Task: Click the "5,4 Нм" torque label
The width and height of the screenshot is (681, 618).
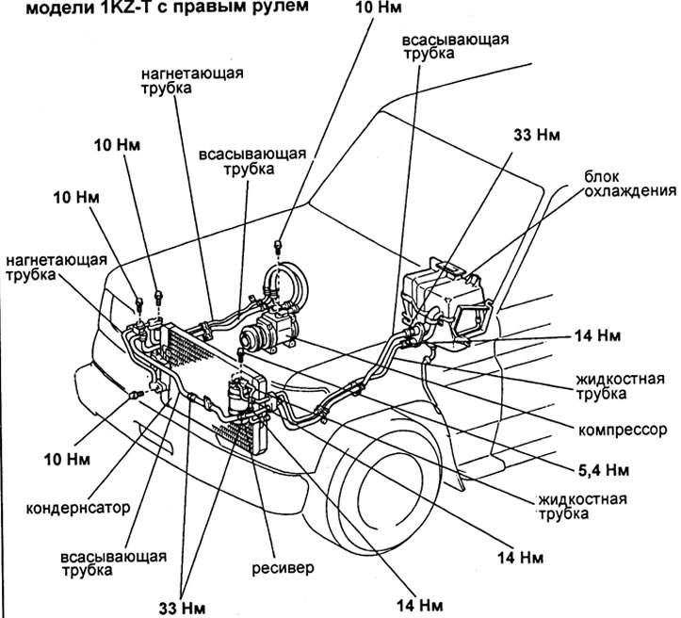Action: [603, 470]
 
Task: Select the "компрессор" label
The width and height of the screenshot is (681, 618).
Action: [623, 430]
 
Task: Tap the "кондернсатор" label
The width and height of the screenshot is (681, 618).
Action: [78, 507]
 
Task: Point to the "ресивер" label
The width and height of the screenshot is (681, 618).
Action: [283, 568]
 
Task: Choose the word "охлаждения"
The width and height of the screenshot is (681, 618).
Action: [630, 191]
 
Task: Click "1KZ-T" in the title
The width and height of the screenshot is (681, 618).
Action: [126, 7]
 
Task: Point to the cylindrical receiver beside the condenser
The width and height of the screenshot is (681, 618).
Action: [237, 396]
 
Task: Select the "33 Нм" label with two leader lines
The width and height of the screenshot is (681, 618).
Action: [182, 608]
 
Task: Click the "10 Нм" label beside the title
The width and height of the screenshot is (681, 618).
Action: [379, 8]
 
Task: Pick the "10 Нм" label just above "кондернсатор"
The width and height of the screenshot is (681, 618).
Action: [67, 459]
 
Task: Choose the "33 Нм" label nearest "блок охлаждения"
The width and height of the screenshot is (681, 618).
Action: [537, 135]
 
